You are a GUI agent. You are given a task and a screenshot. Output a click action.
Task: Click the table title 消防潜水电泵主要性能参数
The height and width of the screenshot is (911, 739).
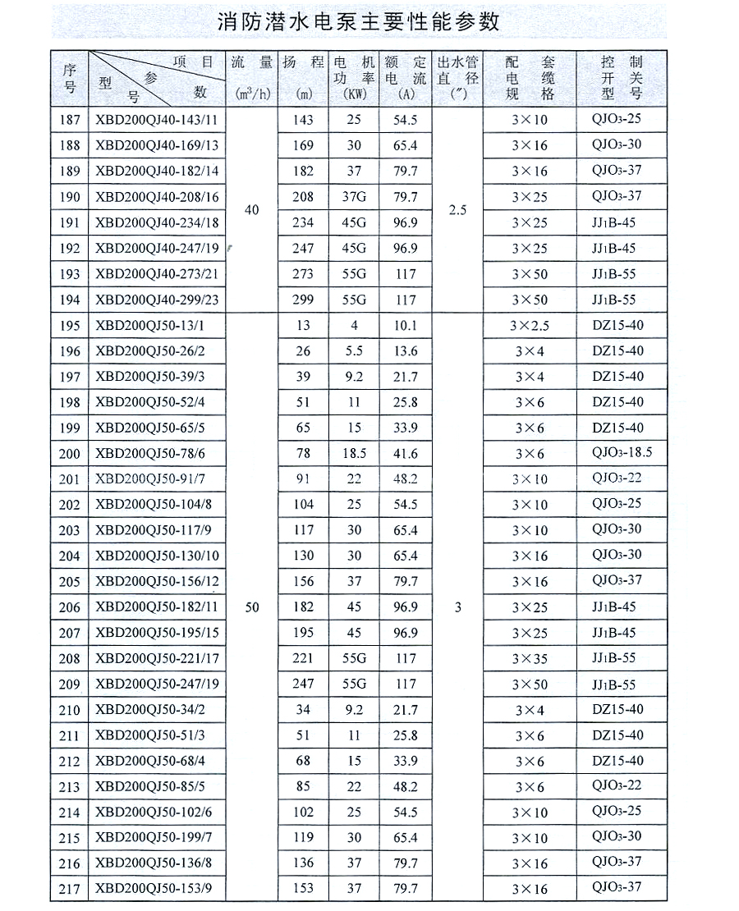[359, 21]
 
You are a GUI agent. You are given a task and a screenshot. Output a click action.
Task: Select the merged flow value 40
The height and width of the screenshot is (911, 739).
[251, 210]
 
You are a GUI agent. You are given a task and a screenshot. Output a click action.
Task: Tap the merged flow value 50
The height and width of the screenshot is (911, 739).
[251, 607]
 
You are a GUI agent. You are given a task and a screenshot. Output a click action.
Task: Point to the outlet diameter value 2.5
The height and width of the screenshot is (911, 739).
[457, 210]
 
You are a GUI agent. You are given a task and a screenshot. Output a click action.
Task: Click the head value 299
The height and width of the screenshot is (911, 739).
[304, 300]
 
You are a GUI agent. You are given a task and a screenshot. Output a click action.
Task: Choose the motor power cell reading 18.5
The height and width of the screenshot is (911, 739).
[354, 454]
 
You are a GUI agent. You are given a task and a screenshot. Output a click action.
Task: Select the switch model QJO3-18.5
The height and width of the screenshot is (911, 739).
[622, 453]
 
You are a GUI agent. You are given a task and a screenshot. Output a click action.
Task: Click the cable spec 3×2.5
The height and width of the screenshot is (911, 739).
[530, 325]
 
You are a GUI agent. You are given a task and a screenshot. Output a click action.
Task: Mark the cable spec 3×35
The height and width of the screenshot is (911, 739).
[530, 658]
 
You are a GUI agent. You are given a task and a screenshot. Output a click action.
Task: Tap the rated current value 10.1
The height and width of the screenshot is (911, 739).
[406, 325]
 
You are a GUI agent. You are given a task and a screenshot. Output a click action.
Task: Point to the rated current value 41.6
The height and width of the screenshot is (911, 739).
[406, 454]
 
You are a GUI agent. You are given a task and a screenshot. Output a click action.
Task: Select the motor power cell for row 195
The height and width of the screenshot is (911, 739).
[354, 325]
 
